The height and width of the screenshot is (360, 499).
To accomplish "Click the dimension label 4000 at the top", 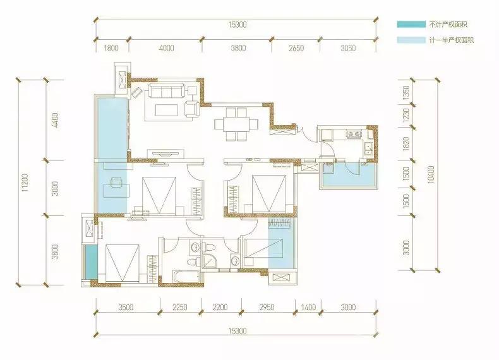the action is click(167, 48).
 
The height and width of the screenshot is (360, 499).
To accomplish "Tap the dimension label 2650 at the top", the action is click(296, 48).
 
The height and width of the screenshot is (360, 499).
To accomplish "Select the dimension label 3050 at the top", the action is click(348, 48).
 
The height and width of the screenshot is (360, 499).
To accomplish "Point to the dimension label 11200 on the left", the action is click(25, 183).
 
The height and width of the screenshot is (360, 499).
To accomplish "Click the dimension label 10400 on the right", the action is click(431, 174).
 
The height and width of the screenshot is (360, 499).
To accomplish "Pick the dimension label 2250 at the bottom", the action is click(180, 307).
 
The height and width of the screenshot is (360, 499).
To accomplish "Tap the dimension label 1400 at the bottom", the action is click(308, 307).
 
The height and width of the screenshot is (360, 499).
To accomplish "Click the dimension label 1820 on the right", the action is click(406, 144).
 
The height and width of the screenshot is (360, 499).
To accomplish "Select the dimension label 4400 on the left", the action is click(55, 120).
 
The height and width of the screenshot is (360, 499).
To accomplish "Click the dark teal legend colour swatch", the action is click(411, 24).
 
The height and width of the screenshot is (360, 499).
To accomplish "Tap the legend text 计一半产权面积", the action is click(451, 40).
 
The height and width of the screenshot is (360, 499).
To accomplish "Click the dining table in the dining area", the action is click(236, 124).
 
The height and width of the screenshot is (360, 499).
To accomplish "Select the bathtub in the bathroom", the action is click(186, 276).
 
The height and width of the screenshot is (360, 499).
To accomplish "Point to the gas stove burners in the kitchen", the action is click(354, 134).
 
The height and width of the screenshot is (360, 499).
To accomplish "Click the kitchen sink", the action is click(369, 148).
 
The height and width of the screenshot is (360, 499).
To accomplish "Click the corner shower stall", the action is click(210, 261).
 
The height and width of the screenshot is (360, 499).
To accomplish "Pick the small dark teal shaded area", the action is click(92, 261).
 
